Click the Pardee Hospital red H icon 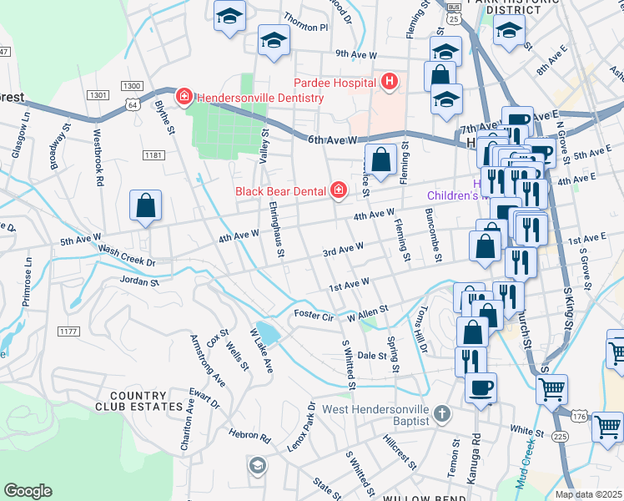point(389,82)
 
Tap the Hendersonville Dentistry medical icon point(184,98)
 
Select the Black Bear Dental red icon point(338,191)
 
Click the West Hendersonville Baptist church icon point(442,412)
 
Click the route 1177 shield point(69,331)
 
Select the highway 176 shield point(580,416)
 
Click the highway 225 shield point(561,436)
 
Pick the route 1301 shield point(98,94)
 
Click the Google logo point(28,491)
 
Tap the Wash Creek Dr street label point(127,256)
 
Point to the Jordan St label point(139,282)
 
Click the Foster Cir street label point(315,316)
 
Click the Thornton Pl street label point(306,28)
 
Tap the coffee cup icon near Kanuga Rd point(481,388)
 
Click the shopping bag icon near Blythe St point(145,206)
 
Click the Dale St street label point(372,356)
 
